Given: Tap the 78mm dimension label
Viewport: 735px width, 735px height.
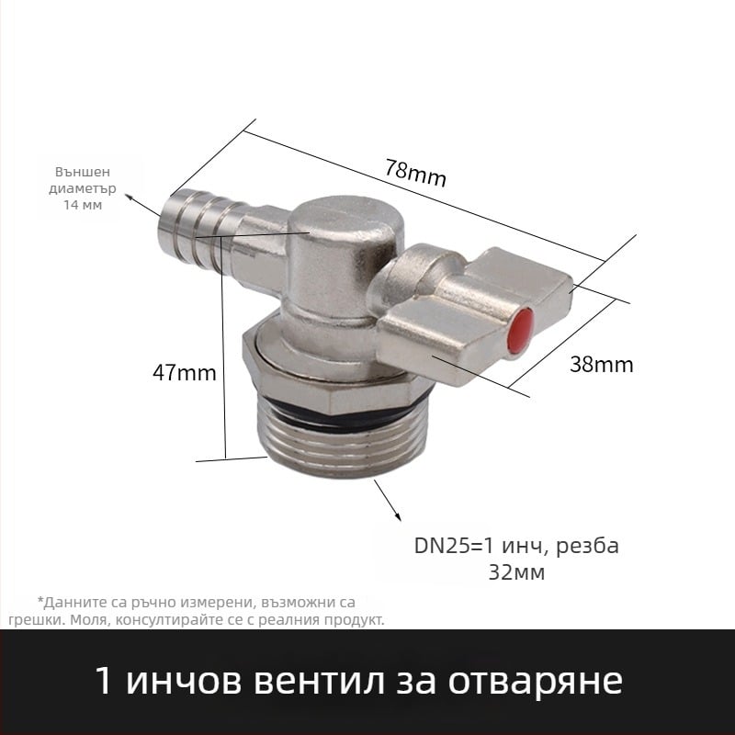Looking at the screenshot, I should click(415, 172).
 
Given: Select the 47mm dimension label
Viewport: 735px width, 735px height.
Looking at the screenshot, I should click(185, 373).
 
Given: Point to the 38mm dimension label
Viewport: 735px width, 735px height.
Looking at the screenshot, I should click(601, 364).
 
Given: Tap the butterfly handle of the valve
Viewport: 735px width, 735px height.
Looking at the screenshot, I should click(459, 308).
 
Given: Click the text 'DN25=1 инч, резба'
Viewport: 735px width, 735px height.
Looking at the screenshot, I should click(516, 546).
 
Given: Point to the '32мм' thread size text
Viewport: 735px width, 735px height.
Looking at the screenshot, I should click(516, 574).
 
